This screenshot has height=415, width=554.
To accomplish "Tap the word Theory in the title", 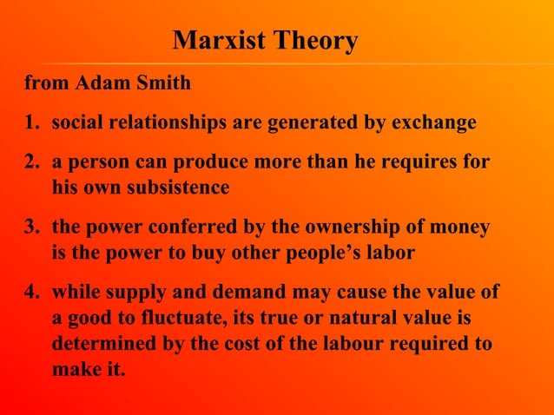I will [314, 41].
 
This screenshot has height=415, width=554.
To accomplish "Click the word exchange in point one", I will [433, 123].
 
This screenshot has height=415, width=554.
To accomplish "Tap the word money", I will [461, 227].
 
